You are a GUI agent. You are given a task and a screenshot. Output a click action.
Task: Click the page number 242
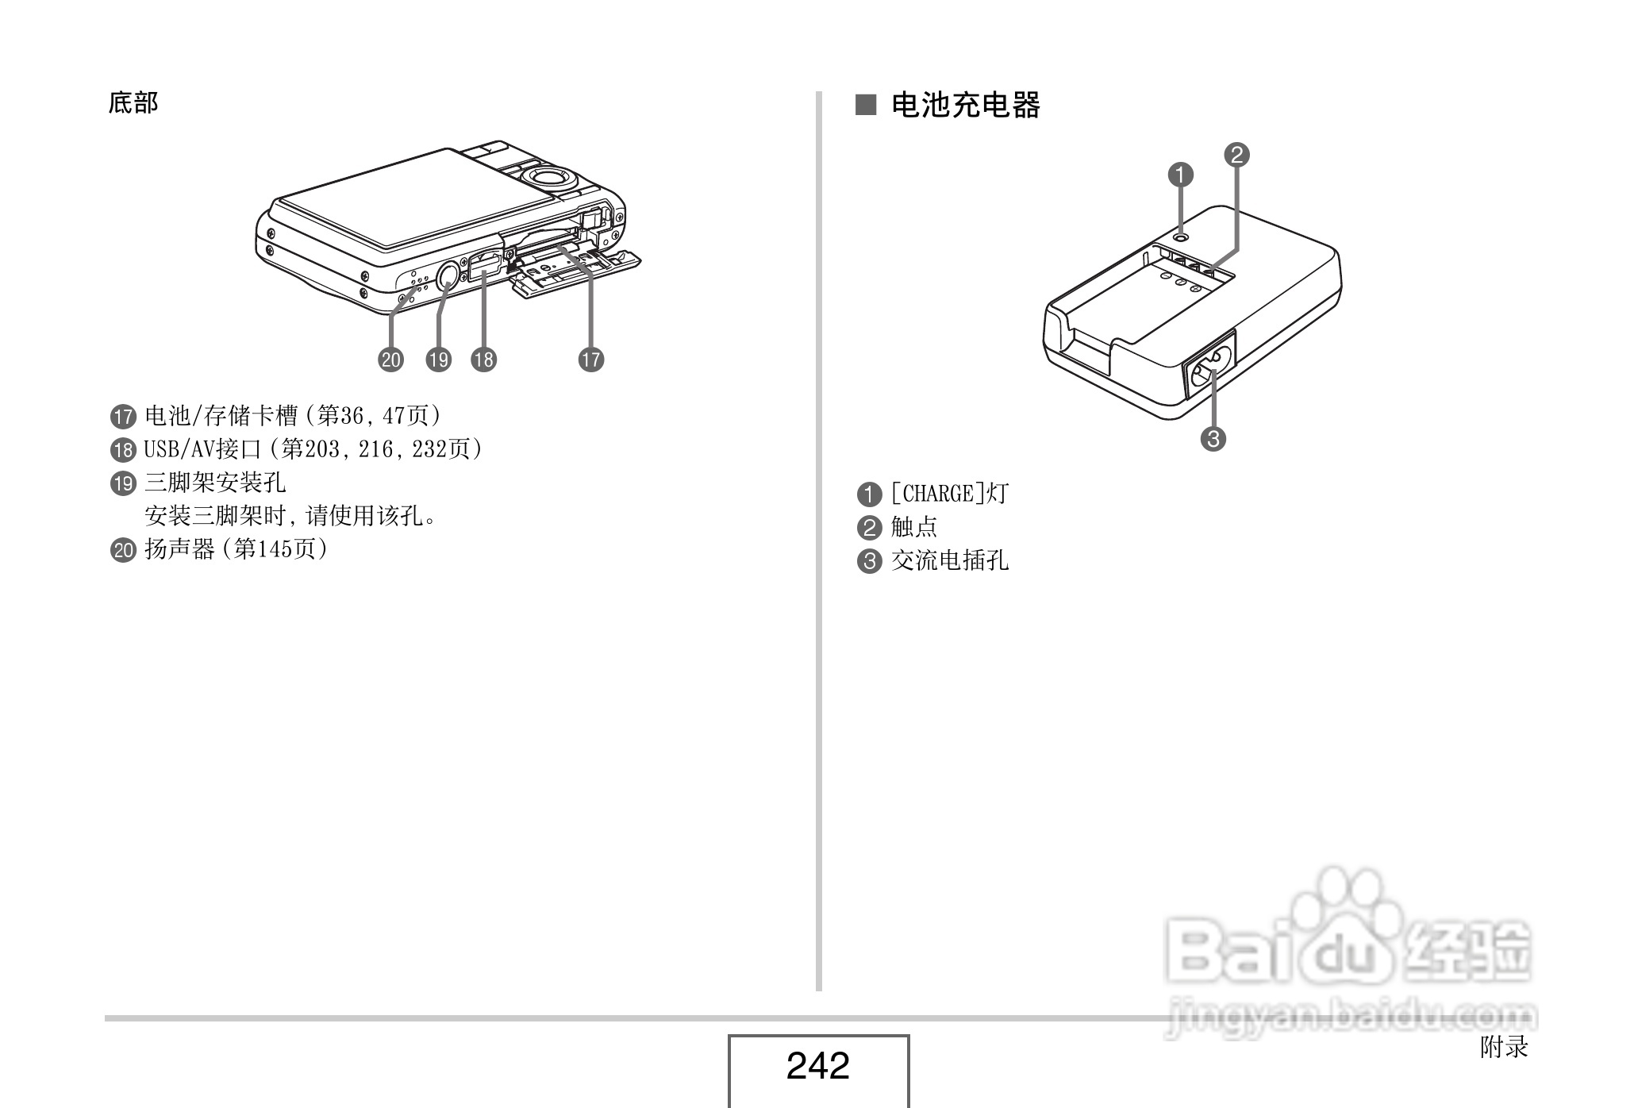pyautogui.click(x=817, y=1065)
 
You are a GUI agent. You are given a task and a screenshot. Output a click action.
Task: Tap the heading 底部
pyautogui.click(x=133, y=102)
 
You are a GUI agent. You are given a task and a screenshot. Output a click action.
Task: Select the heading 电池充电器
pyautogui.click(x=965, y=105)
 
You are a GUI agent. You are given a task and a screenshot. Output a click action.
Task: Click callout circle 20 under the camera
pyautogui.click(x=390, y=360)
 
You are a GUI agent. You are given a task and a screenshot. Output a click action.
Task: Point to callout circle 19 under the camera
pyautogui.click(x=438, y=360)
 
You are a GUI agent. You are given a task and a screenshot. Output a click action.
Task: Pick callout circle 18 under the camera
pyautogui.click(x=483, y=360)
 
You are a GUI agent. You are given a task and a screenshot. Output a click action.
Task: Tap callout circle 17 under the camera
pyautogui.click(x=590, y=360)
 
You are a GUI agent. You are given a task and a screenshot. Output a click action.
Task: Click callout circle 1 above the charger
pyautogui.click(x=1181, y=175)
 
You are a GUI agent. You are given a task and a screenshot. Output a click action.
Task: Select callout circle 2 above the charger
pyautogui.click(x=1236, y=155)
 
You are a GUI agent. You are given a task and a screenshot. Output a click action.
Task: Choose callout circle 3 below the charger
pyautogui.click(x=1213, y=438)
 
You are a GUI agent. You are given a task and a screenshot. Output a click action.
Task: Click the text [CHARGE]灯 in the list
pyautogui.click(x=948, y=494)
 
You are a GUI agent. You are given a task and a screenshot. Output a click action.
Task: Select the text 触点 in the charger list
pyautogui.click(x=913, y=527)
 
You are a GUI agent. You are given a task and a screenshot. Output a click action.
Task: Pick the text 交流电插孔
pyautogui.click(x=949, y=561)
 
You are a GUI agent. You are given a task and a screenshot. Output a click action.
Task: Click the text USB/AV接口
pyautogui.click(x=202, y=449)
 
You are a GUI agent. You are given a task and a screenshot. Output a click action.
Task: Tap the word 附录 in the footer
pyautogui.click(x=1504, y=1048)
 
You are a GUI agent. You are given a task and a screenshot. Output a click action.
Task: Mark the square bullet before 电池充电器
pyautogui.click(x=865, y=105)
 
